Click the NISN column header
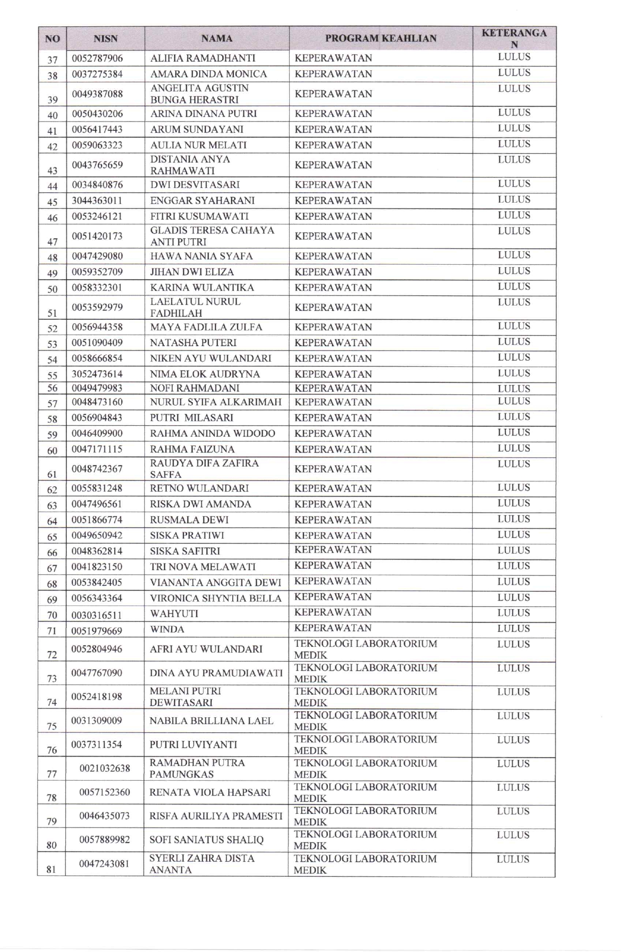point(105,39)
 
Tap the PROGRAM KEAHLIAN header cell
point(381,39)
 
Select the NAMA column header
point(217,39)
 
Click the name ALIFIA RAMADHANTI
point(202,58)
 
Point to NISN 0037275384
point(97,74)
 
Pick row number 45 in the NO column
point(52,202)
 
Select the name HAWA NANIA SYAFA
point(201,256)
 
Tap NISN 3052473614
point(97,374)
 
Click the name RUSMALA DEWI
point(189,520)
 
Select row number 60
point(52,451)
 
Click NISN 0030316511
point(97,615)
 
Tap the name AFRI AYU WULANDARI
point(206,649)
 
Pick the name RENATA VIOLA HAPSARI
point(210,792)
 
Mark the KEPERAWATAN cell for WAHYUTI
point(333,613)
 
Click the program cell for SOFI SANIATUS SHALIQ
point(365,840)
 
